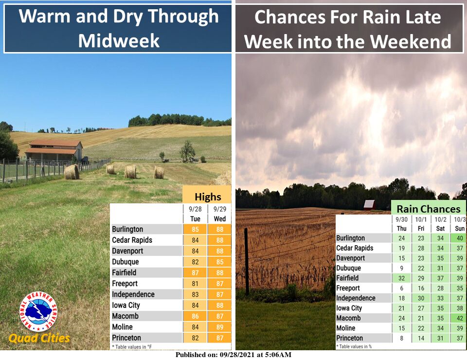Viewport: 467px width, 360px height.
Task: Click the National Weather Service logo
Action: (38, 311)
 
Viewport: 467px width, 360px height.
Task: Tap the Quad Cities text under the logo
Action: (39, 338)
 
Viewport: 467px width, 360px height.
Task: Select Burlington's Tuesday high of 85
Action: (195, 229)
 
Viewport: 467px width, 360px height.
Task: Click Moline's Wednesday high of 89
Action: (220, 327)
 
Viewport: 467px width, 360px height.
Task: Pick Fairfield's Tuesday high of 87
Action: (195, 273)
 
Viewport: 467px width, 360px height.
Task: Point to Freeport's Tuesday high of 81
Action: (195, 284)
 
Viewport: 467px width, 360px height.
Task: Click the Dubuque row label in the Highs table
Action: (126, 262)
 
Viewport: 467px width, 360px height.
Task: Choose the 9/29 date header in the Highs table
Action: (220, 209)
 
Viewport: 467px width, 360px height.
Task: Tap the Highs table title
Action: (208, 197)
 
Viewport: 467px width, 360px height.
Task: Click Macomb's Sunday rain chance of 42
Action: (460, 318)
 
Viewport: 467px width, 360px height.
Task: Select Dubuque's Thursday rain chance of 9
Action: (401, 268)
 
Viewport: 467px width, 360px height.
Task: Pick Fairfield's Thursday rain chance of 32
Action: (401, 278)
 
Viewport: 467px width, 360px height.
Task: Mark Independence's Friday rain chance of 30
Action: (421, 298)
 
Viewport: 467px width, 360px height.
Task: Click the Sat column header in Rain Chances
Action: (440, 228)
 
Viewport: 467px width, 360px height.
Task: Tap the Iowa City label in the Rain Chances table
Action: (349, 308)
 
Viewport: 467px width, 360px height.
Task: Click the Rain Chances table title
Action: (429, 209)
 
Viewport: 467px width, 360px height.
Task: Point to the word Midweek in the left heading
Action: (119, 41)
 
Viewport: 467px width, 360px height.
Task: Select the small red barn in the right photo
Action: (370, 205)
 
